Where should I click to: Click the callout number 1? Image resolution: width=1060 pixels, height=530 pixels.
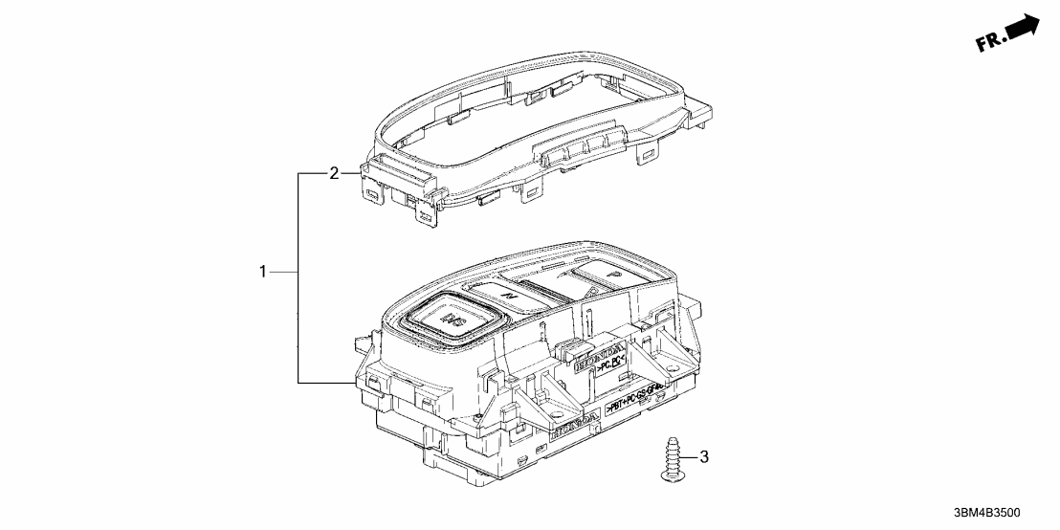tap(263, 273)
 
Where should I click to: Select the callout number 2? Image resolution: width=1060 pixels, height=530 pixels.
tap(334, 173)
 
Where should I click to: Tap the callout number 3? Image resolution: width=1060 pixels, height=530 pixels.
tap(704, 456)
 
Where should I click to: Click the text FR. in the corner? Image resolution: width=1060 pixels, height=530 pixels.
tap(990, 42)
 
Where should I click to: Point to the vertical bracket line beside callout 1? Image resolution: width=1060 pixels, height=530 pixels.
tap(298, 277)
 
